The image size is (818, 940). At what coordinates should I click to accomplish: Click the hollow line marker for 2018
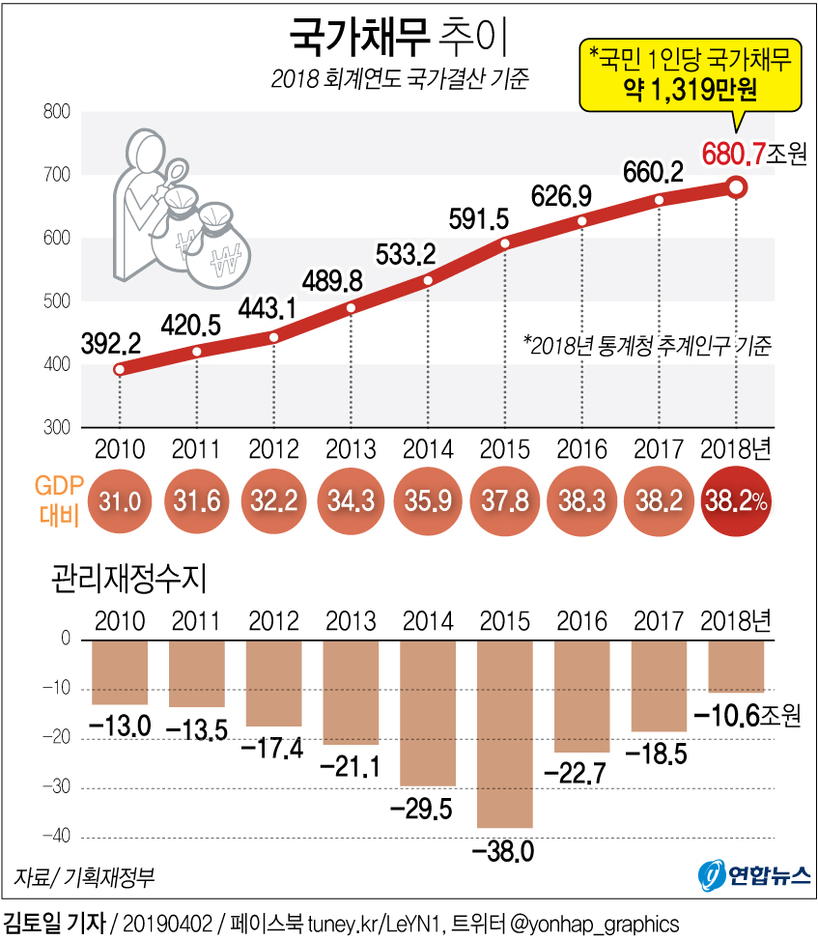point(735,187)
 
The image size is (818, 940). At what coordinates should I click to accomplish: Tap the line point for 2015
point(505,242)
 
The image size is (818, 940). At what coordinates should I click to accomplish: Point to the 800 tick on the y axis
point(57,112)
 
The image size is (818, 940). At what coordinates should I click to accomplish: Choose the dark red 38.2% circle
point(736,501)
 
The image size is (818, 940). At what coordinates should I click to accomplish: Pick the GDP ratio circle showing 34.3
point(352,501)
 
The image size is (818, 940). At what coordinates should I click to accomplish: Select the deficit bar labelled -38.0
point(505,734)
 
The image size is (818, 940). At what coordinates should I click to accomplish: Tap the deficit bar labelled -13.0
point(120,672)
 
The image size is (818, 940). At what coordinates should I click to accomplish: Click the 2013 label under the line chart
point(351,449)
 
